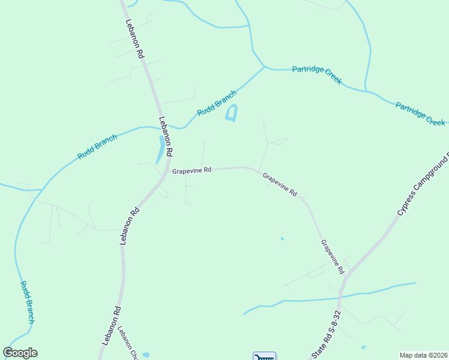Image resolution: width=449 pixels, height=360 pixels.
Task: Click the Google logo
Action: click(x=20, y=353)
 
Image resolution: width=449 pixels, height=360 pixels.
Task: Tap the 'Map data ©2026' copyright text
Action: click(x=423, y=355)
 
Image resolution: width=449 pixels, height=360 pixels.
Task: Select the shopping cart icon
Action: click(x=264, y=356)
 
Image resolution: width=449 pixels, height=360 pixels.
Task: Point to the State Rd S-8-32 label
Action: click(x=327, y=335)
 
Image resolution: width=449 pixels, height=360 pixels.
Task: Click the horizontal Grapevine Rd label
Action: click(x=192, y=170)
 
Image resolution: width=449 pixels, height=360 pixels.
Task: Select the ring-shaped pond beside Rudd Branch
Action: click(x=231, y=113)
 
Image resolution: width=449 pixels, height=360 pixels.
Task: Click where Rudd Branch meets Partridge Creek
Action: click(x=265, y=67)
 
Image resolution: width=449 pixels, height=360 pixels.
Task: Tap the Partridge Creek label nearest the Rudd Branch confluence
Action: click(x=316, y=74)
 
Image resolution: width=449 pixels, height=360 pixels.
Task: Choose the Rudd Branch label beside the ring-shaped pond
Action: click(x=217, y=103)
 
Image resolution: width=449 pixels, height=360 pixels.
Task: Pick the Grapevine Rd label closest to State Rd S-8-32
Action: click(x=333, y=257)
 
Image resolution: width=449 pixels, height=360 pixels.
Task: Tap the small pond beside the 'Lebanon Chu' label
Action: click(x=146, y=354)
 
